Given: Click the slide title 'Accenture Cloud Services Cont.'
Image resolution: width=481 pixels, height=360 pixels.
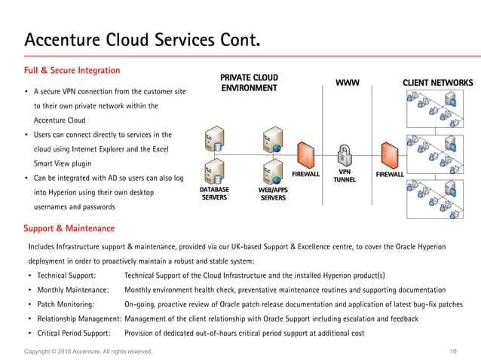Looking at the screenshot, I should point(143,39).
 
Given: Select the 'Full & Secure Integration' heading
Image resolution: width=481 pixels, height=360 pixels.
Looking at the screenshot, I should point(72,71).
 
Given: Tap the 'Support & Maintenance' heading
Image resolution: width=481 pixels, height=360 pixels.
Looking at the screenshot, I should point(69,227).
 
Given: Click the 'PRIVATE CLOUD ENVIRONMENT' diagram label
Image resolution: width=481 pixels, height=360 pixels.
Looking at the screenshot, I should point(249,83).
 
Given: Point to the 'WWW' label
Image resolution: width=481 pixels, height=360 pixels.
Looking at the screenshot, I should point(348,82).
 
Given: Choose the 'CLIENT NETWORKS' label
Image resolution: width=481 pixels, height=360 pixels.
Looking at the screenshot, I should point(438,82).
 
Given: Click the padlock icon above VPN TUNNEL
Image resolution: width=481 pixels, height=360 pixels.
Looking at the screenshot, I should point(346,154).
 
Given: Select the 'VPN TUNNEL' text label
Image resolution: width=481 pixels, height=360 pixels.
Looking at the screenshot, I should point(346,175).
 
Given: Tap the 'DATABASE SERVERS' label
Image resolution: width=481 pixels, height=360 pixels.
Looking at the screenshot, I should point(214,193).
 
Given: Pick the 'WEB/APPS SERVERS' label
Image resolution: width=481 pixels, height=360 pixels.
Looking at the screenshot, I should point(273,194).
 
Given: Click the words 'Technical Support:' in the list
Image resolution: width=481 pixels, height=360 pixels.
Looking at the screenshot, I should point(65,276).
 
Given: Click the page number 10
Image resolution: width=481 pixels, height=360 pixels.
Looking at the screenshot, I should point(453,352).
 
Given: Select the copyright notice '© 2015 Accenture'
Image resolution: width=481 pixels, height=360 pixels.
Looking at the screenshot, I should point(88,352).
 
